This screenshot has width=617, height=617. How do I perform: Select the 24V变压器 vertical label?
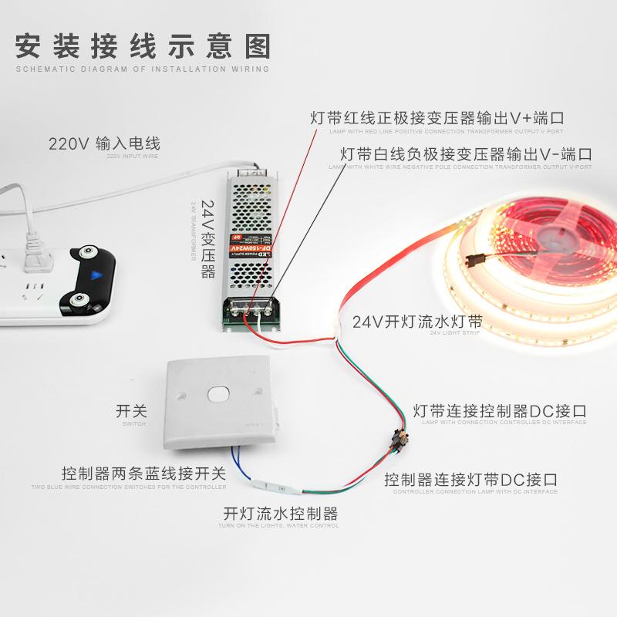coord(207,239)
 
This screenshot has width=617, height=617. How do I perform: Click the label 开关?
coord(130,410)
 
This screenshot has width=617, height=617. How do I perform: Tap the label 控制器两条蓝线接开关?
coord(143,473)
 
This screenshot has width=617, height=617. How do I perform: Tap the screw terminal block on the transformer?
coord(249,308)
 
